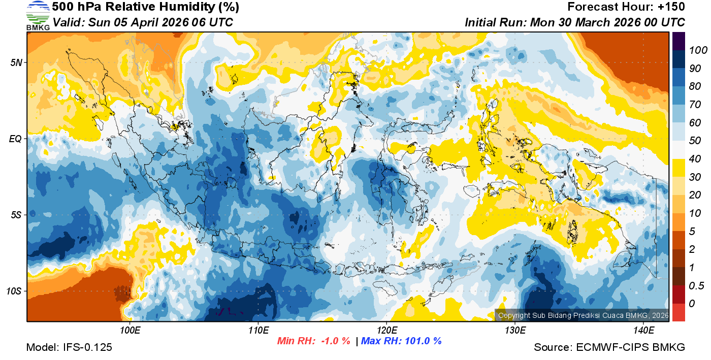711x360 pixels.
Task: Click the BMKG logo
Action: [x=38, y=15]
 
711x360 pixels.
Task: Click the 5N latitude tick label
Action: [x=16, y=62]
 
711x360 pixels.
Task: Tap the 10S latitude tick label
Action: [x=14, y=291]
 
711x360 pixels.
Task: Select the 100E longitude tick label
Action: [x=130, y=331]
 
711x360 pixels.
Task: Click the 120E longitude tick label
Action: [x=386, y=331]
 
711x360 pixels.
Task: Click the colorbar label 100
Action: [x=694, y=50]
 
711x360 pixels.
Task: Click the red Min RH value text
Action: [x=313, y=341]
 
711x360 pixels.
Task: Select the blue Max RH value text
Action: [x=401, y=341]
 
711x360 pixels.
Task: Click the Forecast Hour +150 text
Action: [x=626, y=7]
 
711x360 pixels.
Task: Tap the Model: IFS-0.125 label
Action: [x=69, y=347]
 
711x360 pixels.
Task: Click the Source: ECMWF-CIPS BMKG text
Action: [x=609, y=347]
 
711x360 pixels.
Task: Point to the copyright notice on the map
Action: [x=581, y=315]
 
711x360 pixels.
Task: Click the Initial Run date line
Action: [x=575, y=22]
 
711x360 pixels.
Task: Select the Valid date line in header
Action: [x=143, y=22]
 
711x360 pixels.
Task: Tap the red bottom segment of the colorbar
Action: [x=678, y=312]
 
